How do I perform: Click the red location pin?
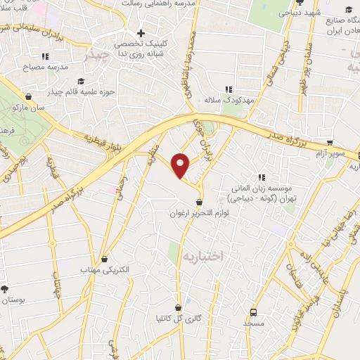click(181, 165)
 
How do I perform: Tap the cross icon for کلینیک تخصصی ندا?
click(141, 32)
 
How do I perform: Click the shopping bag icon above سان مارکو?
click(28, 97)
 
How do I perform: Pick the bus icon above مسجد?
click(253, 312)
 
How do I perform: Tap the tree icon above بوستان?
click(5, 289)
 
